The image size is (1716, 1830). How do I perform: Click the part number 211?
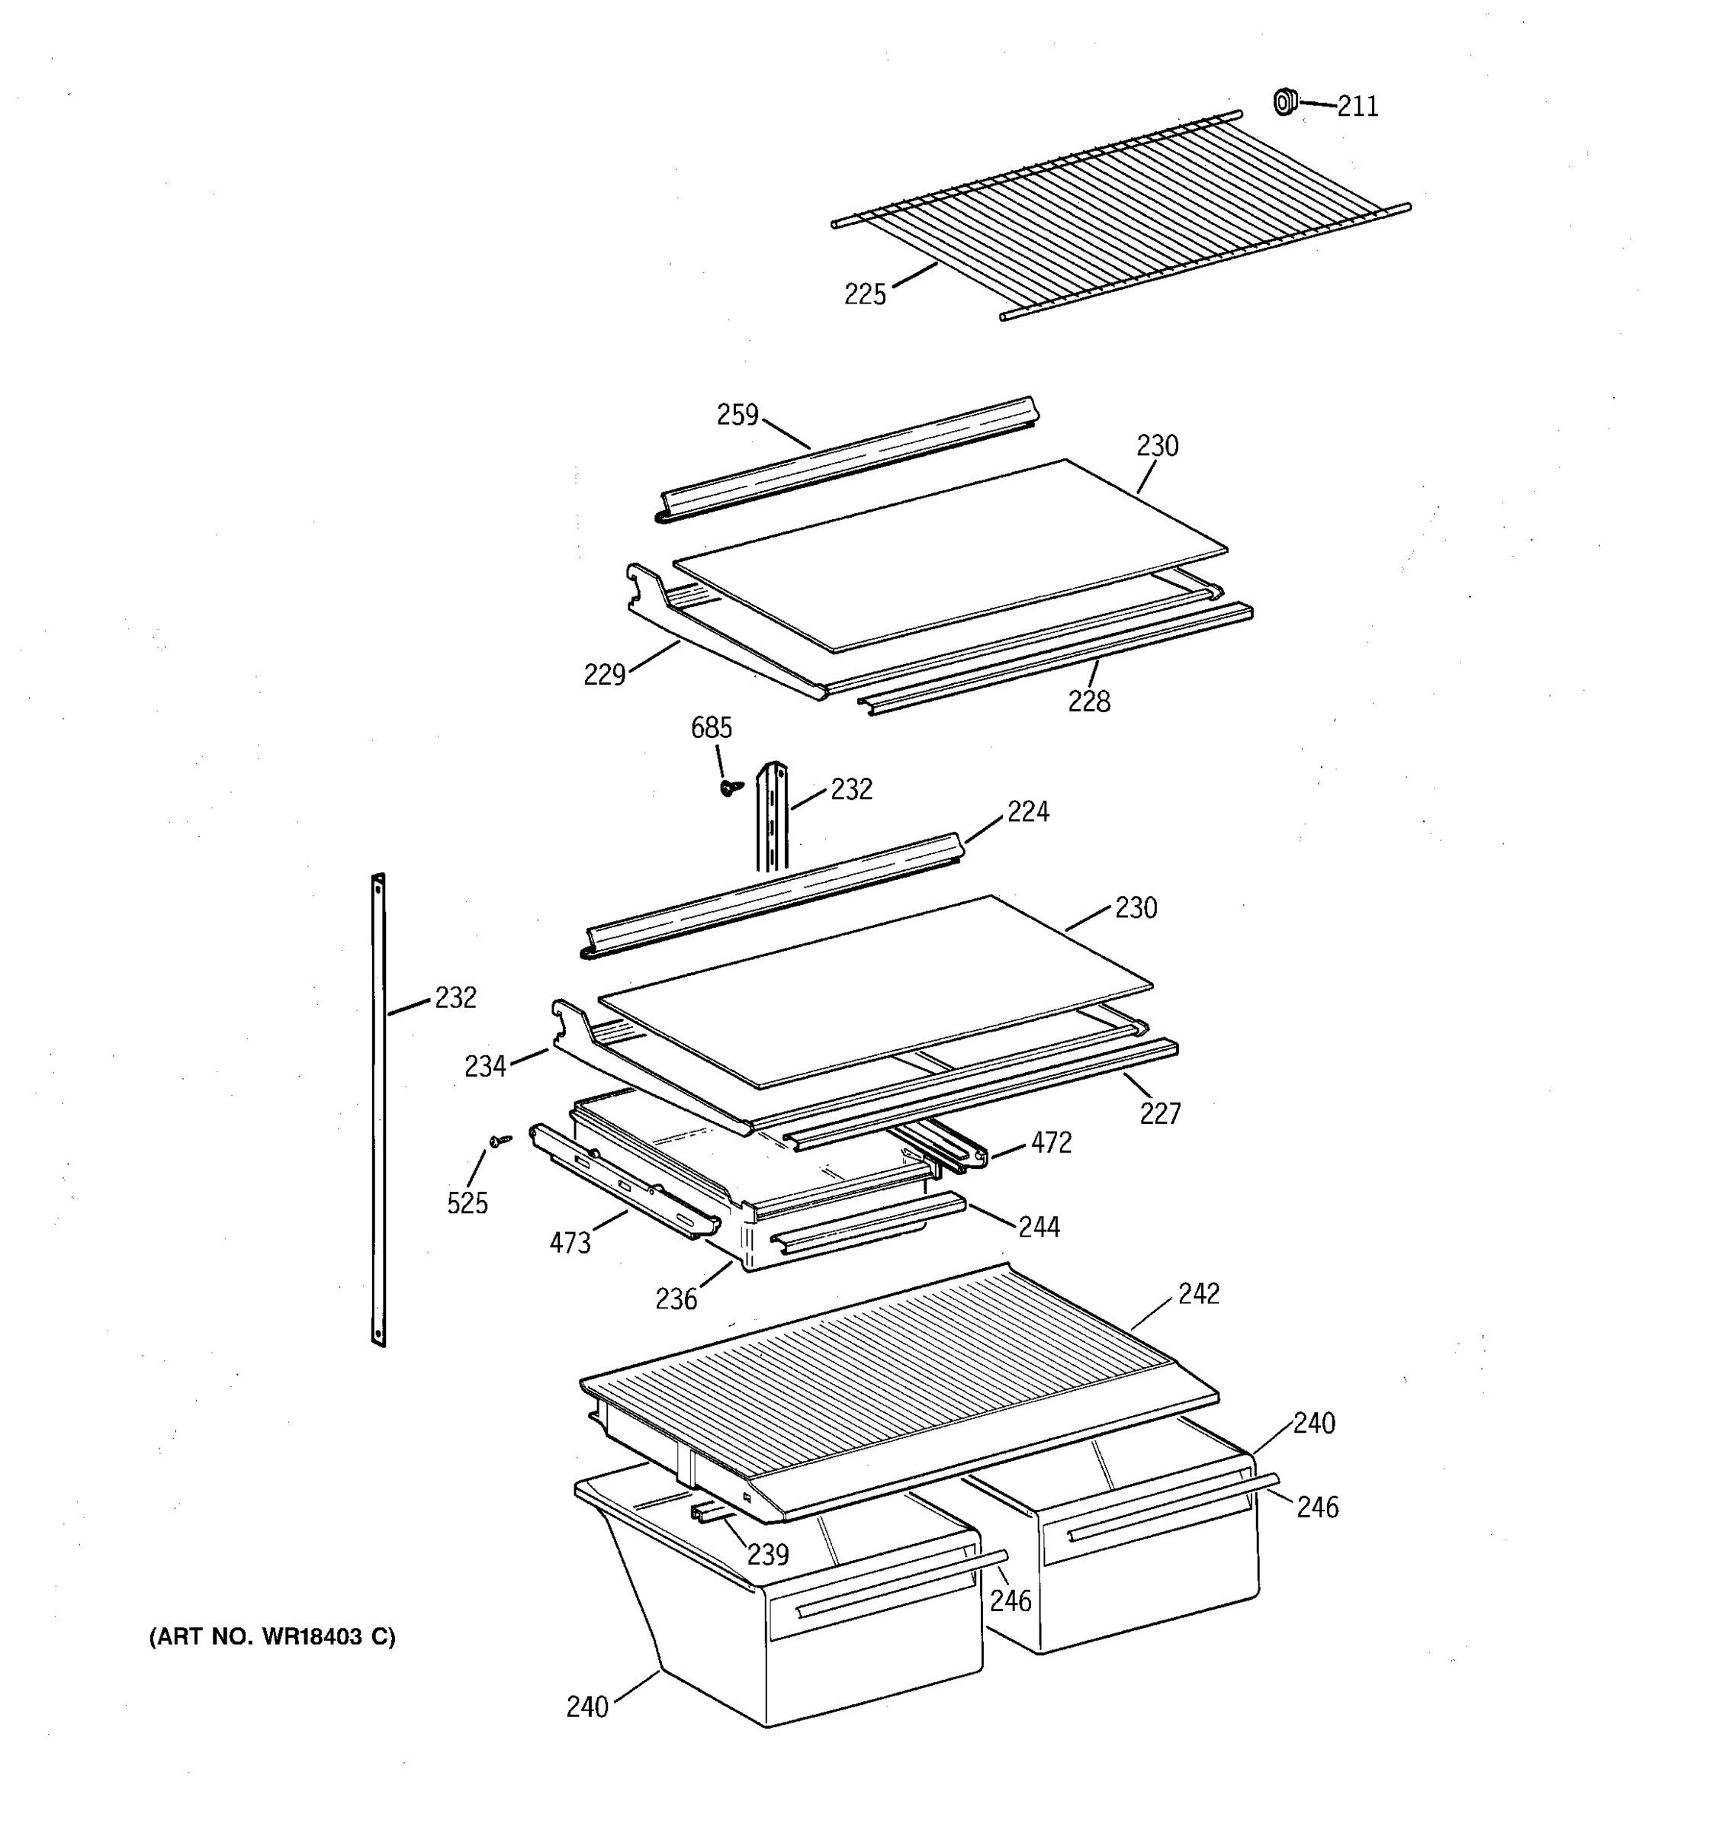click(1357, 107)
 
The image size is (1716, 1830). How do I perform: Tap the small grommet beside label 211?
click(1284, 101)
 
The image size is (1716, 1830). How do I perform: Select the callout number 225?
click(864, 294)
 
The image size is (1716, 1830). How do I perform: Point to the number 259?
click(737, 415)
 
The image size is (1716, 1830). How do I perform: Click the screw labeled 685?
click(730, 788)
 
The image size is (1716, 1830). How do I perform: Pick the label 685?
click(712, 728)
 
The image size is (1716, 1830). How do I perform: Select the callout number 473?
click(570, 1244)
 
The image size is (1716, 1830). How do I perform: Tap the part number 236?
click(676, 1299)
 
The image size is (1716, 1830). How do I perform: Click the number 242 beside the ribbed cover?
click(1199, 1293)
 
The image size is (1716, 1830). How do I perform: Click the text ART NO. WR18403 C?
click(272, 1636)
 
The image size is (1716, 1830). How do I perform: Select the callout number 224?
click(1027, 811)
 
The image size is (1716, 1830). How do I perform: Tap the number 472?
click(1051, 1142)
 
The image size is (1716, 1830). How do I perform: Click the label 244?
click(1039, 1226)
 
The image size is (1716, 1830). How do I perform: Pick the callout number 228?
click(1089, 701)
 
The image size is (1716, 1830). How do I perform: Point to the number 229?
click(605, 675)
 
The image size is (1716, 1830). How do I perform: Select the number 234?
click(485, 1066)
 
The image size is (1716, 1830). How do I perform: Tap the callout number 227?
click(1160, 1114)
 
